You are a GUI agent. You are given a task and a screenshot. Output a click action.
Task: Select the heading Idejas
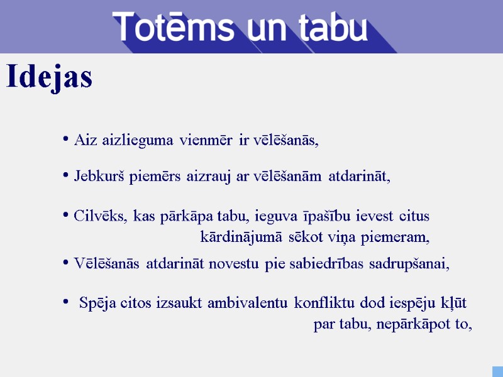pyautogui.click(x=49, y=77)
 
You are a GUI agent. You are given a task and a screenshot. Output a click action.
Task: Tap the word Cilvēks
pyautogui.click(x=99, y=216)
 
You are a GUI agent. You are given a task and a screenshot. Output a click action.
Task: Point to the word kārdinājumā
pyautogui.click(x=243, y=238)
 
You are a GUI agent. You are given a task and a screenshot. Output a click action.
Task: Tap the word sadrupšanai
pyautogui.click(x=409, y=263)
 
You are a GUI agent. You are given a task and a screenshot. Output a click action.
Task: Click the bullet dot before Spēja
pyautogui.click(x=65, y=302)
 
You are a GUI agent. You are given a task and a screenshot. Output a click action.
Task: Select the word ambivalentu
pyautogui.click(x=251, y=303)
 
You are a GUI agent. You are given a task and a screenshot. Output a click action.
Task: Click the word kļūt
pyautogui.click(x=454, y=303)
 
